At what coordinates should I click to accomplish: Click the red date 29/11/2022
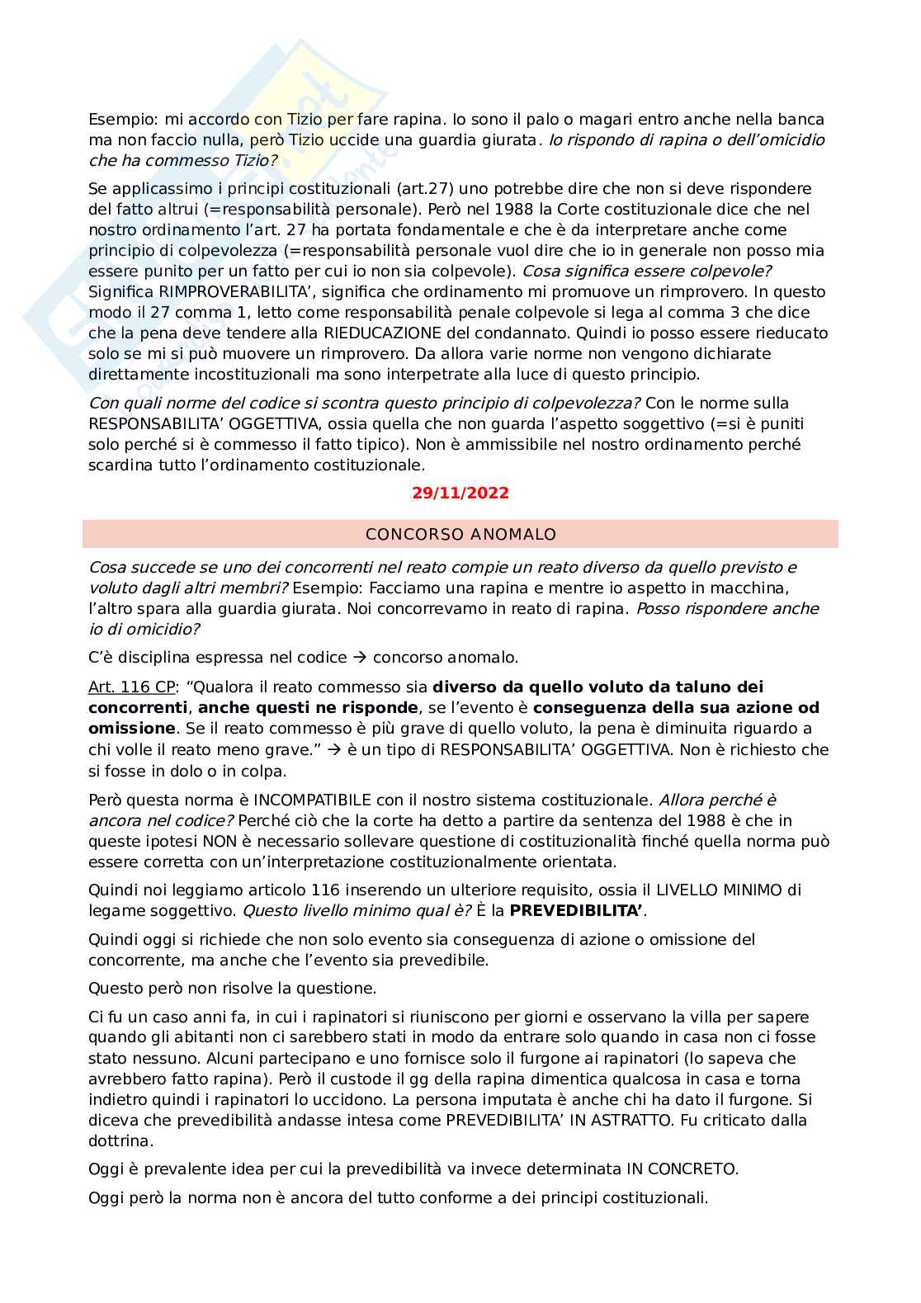click(x=460, y=493)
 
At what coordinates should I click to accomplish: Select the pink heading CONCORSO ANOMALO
click(x=460, y=535)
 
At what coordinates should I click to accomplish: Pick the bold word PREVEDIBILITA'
click(x=577, y=910)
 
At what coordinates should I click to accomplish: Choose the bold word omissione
click(x=131, y=728)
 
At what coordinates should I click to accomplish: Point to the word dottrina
click(x=120, y=1140)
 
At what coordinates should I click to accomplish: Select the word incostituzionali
click(x=233, y=374)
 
